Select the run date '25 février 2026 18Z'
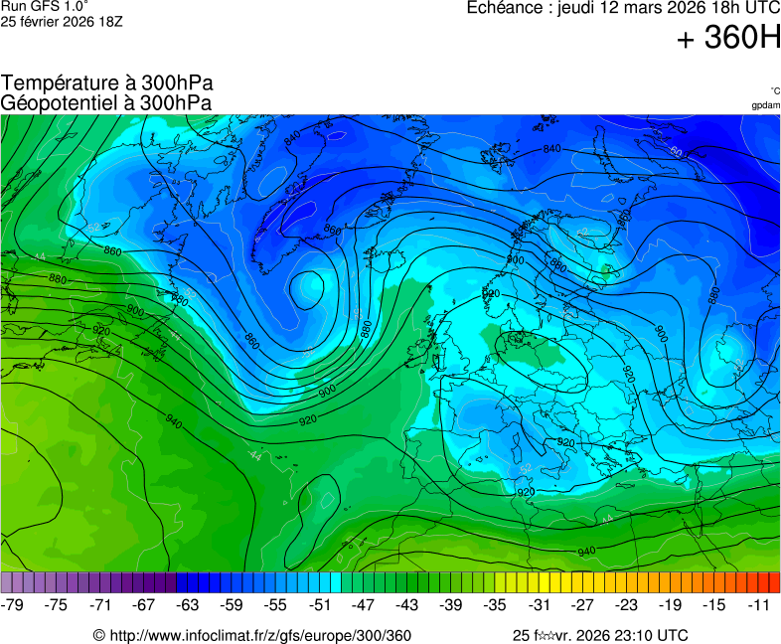(62, 21)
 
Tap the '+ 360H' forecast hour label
(727, 39)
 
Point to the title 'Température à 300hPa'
(107, 83)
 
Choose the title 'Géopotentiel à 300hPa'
(106, 102)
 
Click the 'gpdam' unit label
(765, 104)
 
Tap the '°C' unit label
(774, 90)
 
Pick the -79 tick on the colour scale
(13, 604)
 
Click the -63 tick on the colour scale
(188, 604)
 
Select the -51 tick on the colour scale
(319, 604)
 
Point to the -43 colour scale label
(406, 604)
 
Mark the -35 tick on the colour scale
(495, 604)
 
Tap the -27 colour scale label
(582, 604)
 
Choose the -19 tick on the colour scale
(670, 604)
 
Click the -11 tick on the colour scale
(757, 604)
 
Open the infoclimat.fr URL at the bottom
(260, 635)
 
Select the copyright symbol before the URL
(99, 635)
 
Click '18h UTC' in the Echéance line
(739, 7)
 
